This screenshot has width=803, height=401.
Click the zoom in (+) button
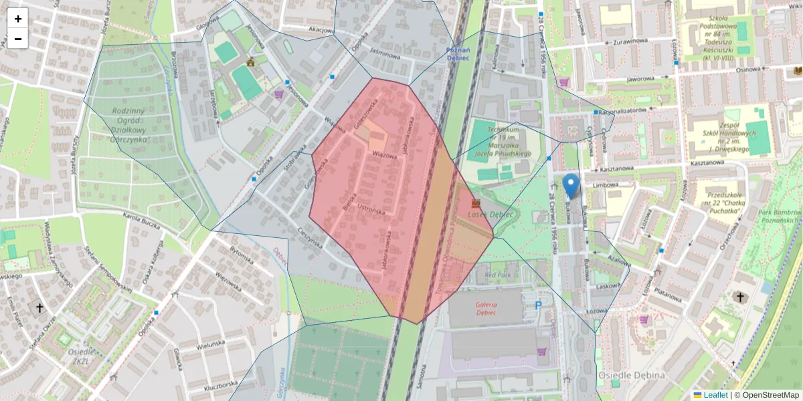point(18,19)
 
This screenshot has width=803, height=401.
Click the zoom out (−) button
point(18,39)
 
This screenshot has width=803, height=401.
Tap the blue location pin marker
point(571,185)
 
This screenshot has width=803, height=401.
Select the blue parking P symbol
point(539,305)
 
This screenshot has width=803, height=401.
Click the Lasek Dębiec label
point(490,215)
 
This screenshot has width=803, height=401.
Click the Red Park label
point(498,275)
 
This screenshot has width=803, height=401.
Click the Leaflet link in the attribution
point(715,395)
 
